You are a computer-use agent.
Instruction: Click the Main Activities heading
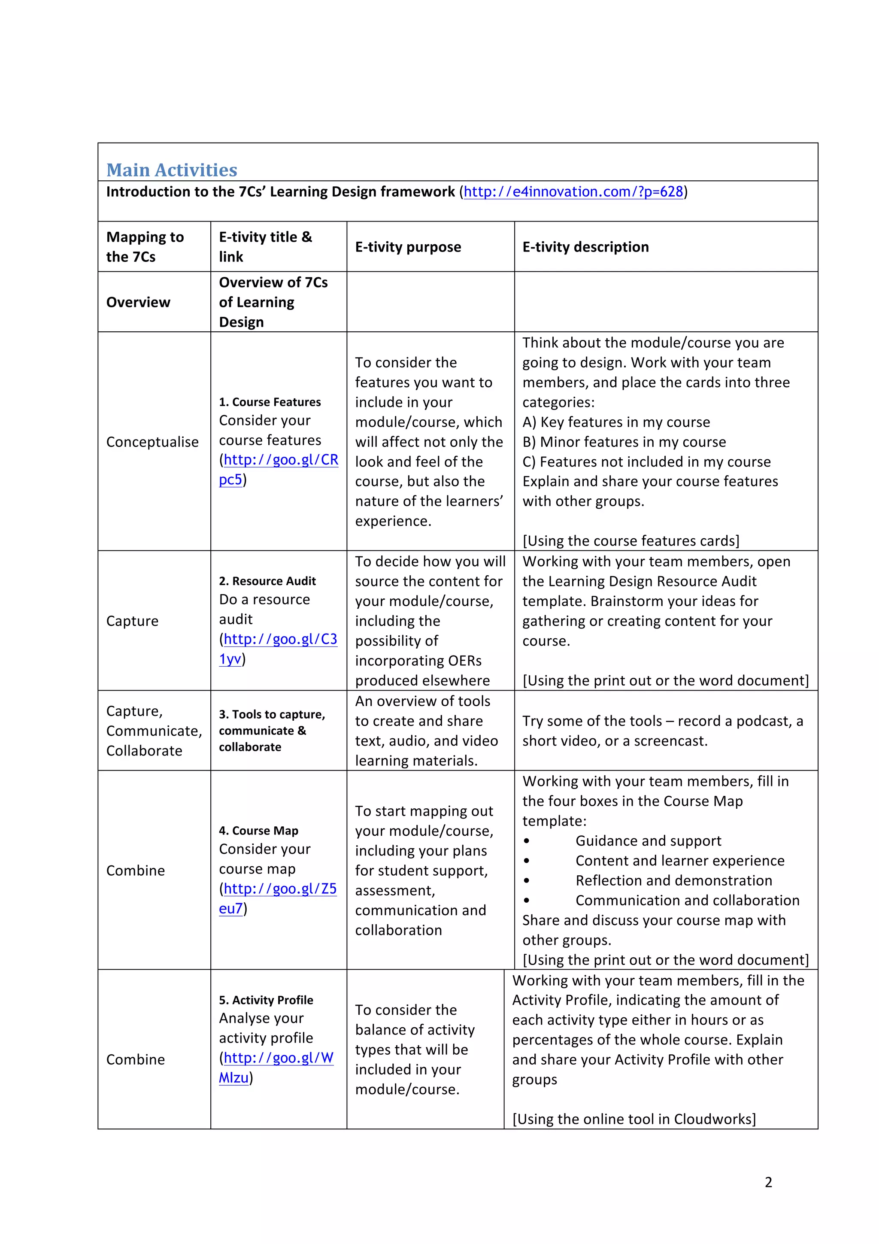click(x=172, y=170)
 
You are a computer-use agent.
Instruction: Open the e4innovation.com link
click(x=573, y=192)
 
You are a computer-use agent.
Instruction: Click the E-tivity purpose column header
click(x=408, y=247)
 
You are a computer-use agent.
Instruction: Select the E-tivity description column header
click(x=585, y=247)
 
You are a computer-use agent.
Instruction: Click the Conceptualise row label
click(x=152, y=442)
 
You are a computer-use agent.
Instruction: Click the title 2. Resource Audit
click(x=267, y=581)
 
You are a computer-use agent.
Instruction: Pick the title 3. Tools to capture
click(x=272, y=715)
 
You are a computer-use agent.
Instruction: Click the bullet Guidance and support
click(x=648, y=841)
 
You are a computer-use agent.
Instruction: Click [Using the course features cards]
click(x=630, y=541)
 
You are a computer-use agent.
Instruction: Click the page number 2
click(x=768, y=1182)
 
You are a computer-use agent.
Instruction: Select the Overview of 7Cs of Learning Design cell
click(x=273, y=302)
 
